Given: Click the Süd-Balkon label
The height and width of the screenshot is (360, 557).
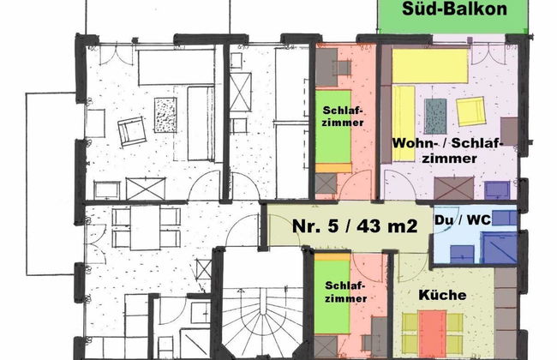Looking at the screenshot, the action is [x=454, y=9].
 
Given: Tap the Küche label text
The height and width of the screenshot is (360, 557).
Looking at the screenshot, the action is [x=442, y=295].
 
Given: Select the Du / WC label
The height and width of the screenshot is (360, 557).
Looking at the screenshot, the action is [x=463, y=220].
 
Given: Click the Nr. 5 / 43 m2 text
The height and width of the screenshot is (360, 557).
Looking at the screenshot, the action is [x=355, y=225].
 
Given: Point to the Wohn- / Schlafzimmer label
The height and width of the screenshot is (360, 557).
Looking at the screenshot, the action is [x=448, y=151].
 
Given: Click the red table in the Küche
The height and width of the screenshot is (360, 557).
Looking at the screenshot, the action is [x=432, y=332].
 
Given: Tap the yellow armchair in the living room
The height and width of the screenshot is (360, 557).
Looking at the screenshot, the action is [x=471, y=111].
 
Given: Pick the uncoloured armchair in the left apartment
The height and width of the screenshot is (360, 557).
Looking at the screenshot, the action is [x=132, y=131].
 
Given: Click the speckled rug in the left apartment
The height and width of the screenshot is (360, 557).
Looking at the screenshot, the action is [x=165, y=115].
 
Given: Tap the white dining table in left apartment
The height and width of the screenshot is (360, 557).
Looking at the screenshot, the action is [x=145, y=227].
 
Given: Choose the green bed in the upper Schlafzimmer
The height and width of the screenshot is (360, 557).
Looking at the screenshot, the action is [x=333, y=127].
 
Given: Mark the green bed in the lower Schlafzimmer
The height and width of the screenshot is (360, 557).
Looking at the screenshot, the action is [x=332, y=297].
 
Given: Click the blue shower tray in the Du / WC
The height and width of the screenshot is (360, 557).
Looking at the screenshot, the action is [x=500, y=248].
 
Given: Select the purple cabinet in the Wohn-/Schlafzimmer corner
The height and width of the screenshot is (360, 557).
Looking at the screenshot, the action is [x=497, y=190].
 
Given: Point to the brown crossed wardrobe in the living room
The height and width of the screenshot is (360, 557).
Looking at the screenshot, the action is [x=453, y=189].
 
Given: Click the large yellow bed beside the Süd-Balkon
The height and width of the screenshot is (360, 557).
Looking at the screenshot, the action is [x=430, y=66].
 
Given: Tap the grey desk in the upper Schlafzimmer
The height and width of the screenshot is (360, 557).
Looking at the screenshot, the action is [x=326, y=67].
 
